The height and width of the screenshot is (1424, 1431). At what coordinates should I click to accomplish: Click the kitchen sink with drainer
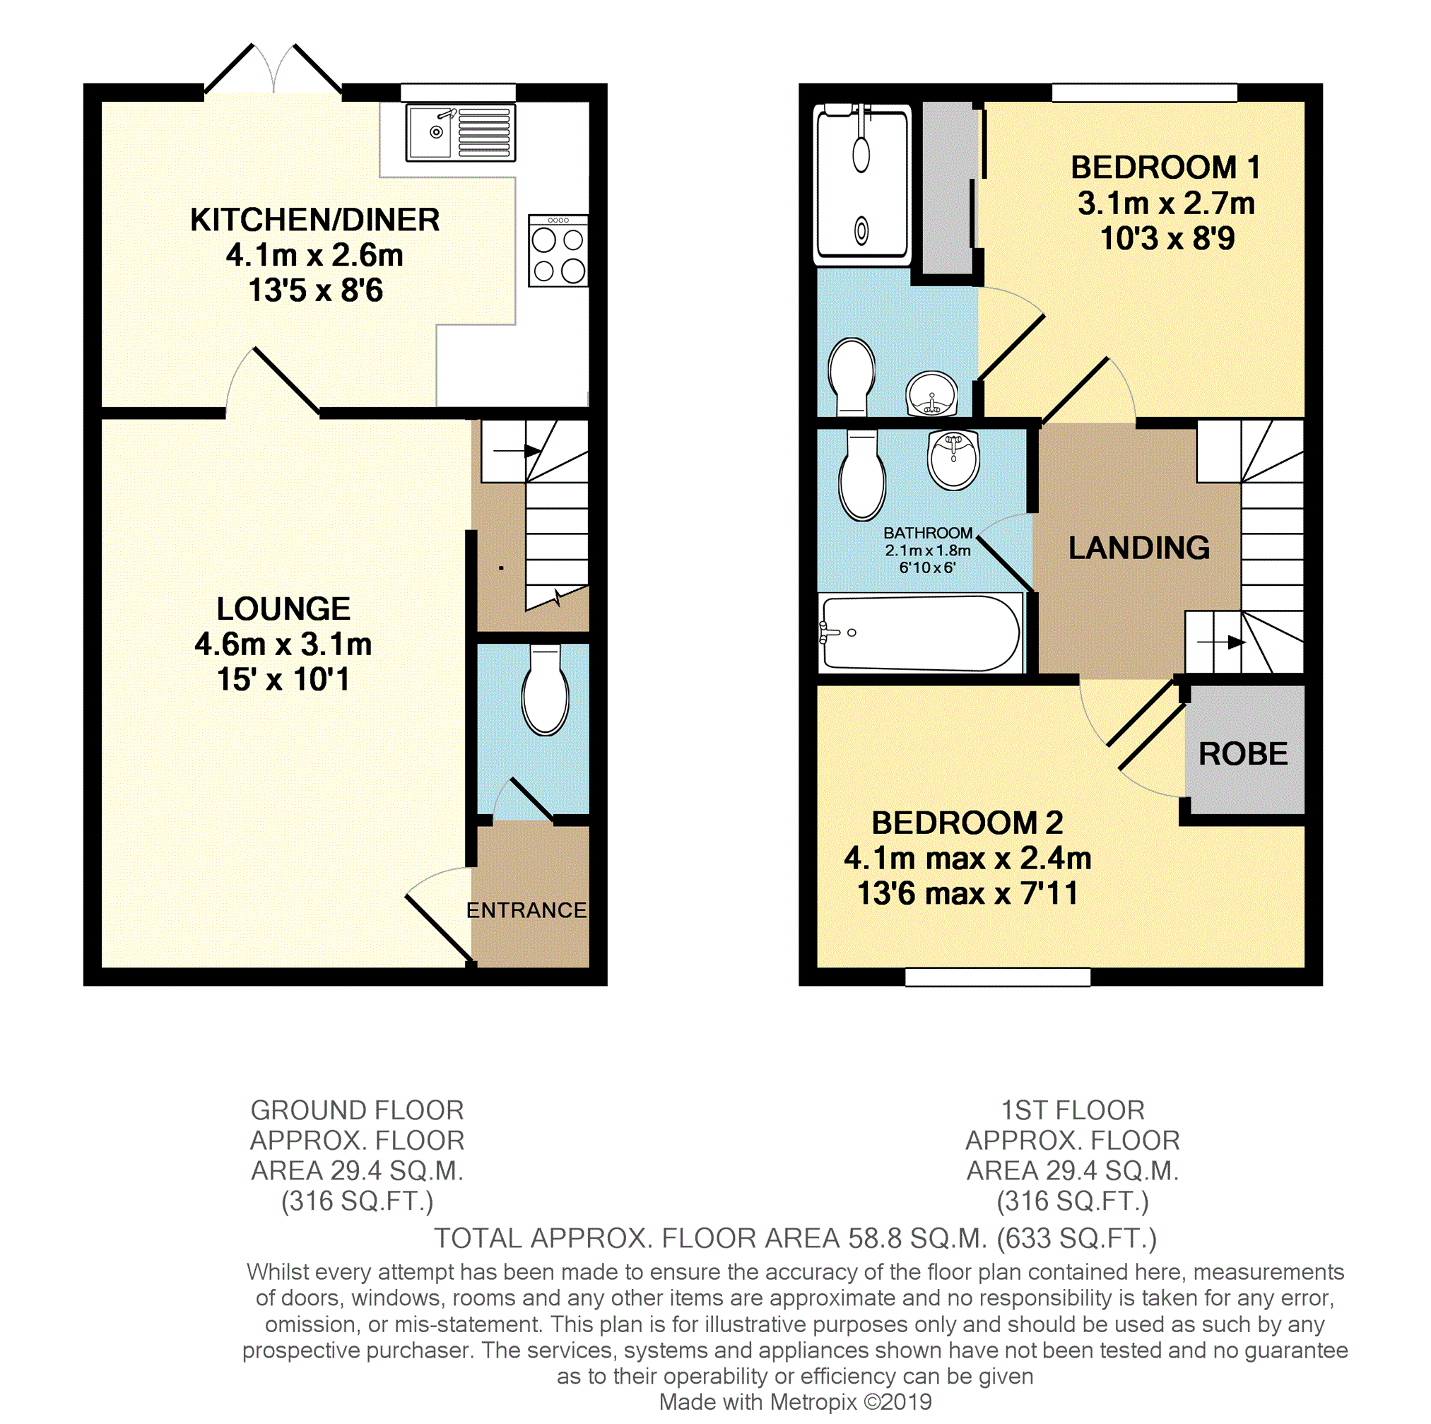(x=460, y=134)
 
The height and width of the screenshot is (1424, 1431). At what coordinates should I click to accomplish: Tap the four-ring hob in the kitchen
(x=558, y=251)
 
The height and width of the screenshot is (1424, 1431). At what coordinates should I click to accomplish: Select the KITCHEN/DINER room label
(x=314, y=220)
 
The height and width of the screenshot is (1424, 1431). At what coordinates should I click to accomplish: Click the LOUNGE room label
(x=283, y=609)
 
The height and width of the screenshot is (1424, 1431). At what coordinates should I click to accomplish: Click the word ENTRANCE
(x=526, y=910)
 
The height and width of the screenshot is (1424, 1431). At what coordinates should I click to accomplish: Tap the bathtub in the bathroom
(x=920, y=634)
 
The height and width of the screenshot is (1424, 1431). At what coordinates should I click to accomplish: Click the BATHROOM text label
(x=927, y=533)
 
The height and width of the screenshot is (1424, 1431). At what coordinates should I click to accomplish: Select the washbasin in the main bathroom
(x=953, y=460)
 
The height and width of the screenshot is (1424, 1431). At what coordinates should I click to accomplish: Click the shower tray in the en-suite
(x=861, y=185)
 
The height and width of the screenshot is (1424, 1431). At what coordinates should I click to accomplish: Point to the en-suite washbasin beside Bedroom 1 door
(x=932, y=394)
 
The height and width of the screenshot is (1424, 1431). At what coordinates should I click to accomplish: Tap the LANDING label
(x=1138, y=548)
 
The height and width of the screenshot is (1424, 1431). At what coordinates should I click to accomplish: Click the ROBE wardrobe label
(x=1243, y=754)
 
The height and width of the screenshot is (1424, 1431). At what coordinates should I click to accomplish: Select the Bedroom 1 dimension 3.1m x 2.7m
(x=1166, y=203)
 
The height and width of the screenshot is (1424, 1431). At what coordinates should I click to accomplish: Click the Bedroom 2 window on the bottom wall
(x=997, y=977)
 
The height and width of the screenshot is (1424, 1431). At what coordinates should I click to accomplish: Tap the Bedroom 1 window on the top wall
(x=1143, y=93)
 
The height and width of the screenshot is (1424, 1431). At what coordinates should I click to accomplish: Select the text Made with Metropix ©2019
(x=795, y=1402)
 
